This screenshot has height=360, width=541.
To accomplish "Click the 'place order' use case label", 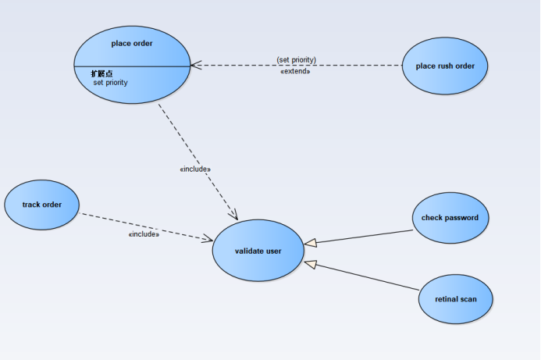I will click(x=132, y=44).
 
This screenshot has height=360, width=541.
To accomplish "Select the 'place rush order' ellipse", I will click(x=445, y=66).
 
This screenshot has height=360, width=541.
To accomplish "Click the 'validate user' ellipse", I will click(x=258, y=251).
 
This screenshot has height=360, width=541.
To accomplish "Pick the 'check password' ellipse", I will click(x=450, y=218).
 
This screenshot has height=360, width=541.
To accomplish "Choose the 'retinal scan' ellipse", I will click(x=456, y=298).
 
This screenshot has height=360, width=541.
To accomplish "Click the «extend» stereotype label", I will click(x=295, y=71).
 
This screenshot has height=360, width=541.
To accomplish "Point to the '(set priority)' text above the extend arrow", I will click(x=296, y=59).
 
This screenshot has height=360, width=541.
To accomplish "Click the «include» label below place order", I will click(x=195, y=169).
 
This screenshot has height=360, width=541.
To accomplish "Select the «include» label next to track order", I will click(x=144, y=233).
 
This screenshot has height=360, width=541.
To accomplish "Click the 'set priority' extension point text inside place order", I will click(x=111, y=82).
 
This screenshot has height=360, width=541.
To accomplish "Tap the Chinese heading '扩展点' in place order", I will click(x=101, y=73).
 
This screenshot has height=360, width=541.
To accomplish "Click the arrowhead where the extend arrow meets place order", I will click(x=196, y=66).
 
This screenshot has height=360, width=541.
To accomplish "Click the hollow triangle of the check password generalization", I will click(x=310, y=242).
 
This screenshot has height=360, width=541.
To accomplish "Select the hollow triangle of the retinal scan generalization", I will click(x=309, y=264).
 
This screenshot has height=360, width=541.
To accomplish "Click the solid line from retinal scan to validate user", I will click(x=367, y=279).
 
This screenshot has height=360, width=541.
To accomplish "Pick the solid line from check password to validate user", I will click(x=363, y=237).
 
